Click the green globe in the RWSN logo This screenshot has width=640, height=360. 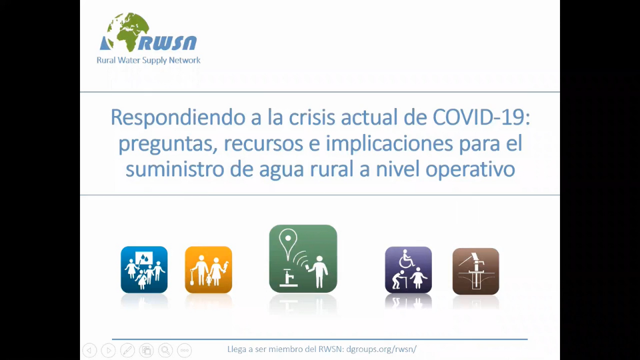(x=128, y=32)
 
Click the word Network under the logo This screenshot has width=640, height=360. (x=185, y=61)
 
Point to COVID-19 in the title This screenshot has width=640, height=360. (x=481, y=117)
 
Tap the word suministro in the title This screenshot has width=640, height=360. (x=175, y=169)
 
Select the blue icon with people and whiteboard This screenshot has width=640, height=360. (x=144, y=270)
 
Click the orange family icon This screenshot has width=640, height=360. (x=209, y=270)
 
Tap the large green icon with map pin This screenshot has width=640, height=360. (x=303, y=259)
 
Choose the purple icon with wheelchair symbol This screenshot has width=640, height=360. (x=408, y=270)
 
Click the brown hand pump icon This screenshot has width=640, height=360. (x=476, y=271)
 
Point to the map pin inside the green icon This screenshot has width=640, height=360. (x=288, y=244)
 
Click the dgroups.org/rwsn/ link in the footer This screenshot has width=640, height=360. (x=381, y=349)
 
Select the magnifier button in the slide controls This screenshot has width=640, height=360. (x=165, y=350)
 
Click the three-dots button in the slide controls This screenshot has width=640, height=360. (x=185, y=350)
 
